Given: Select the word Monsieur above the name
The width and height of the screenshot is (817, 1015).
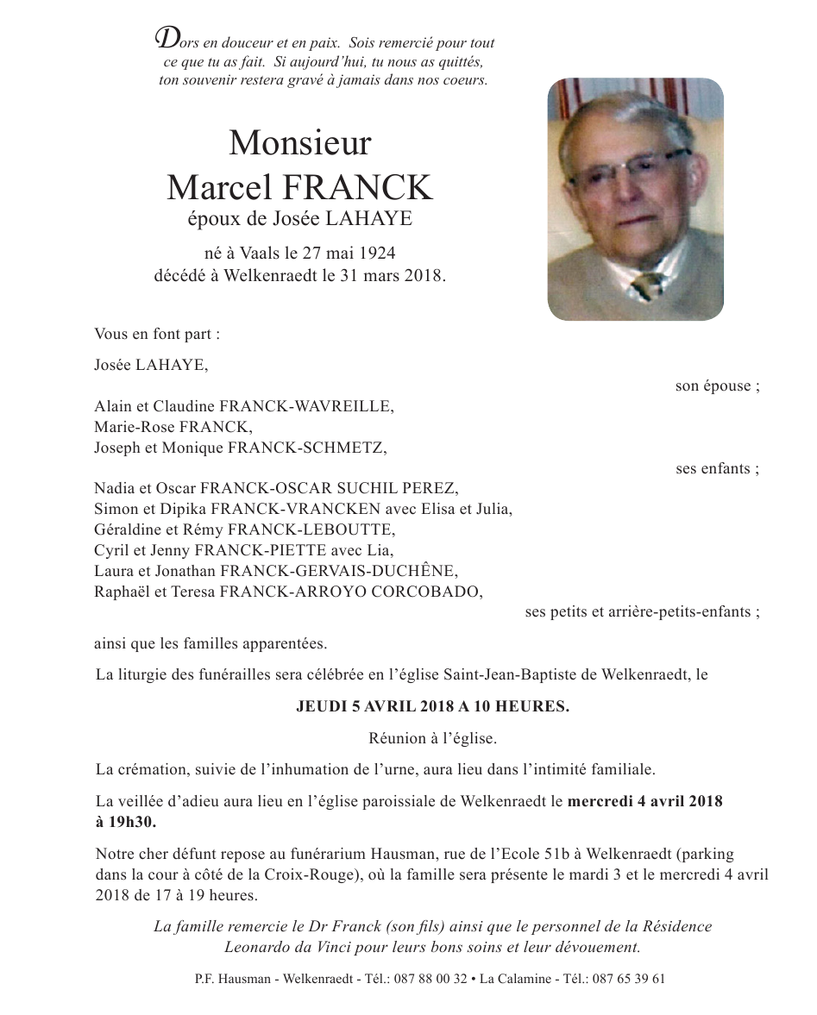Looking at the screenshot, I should (299, 142).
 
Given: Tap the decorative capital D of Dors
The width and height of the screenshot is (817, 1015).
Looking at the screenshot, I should (163, 38).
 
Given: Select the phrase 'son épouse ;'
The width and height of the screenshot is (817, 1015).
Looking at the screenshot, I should (717, 385).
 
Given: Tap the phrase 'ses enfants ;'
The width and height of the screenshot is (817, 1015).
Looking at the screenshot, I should (717, 469).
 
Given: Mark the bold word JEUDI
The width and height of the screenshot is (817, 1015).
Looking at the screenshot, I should (320, 706).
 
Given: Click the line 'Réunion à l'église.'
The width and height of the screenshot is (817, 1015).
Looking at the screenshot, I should (432, 738).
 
